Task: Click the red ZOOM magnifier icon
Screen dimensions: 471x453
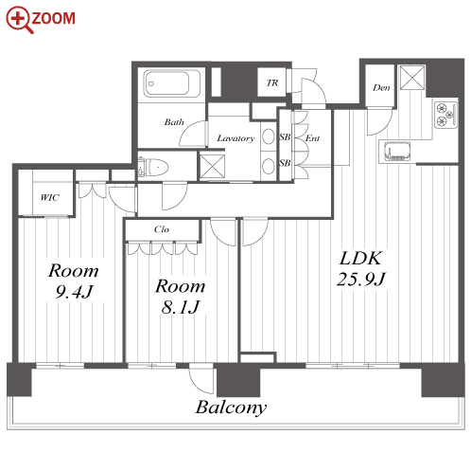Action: (x=20, y=20)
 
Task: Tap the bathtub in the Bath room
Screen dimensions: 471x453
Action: (x=172, y=83)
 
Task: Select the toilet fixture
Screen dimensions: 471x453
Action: (x=154, y=167)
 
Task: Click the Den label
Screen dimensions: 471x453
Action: (x=381, y=87)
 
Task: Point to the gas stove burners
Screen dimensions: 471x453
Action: (x=445, y=115)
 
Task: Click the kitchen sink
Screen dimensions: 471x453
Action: (x=397, y=151)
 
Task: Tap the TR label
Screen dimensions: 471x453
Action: (x=272, y=82)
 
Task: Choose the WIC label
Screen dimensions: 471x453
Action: (x=50, y=198)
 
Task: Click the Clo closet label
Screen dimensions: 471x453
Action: (x=162, y=229)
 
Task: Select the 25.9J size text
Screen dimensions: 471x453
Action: (x=361, y=279)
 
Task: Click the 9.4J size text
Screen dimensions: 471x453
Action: (x=74, y=292)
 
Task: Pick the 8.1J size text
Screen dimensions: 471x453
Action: (x=181, y=307)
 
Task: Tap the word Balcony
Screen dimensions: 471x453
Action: (x=231, y=408)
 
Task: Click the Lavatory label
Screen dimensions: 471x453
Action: (x=235, y=138)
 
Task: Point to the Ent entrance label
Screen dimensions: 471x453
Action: (x=312, y=138)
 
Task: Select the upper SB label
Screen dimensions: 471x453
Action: (x=285, y=136)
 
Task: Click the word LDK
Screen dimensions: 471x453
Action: (x=361, y=258)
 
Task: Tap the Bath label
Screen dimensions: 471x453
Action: (x=174, y=122)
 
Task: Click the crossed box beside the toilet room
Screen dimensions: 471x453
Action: (x=213, y=166)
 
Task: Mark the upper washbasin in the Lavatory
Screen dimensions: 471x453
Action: (x=269, y=136)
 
